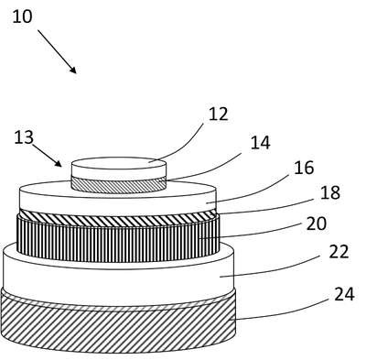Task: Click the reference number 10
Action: click(x=22, y=16)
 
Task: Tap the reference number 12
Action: click(x=219, y=115)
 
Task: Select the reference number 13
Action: click(x=24, y=137)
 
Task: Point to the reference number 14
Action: click(x=260, y=143)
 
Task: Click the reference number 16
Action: click(x=304, y=168)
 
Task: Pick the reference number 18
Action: click(x=330, y=192)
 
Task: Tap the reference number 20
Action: click(x=317, y=224)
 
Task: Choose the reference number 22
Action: click(x=339, y=252)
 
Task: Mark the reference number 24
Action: click(x=344, y=294)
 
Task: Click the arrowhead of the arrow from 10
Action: click(x=73, y=70)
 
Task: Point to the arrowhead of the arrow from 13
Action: click(x=58, y=163)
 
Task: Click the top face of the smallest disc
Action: click(x=119, y=163)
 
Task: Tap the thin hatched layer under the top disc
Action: click(x=119, y=186)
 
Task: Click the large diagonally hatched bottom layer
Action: click(x=118, y=328)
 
